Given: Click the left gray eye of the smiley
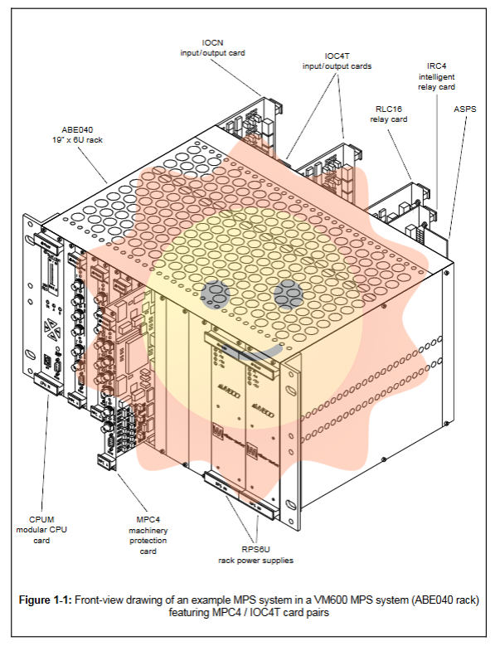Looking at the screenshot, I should click(x=218, y=293).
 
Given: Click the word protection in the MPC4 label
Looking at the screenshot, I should click(x=148, y=542).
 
